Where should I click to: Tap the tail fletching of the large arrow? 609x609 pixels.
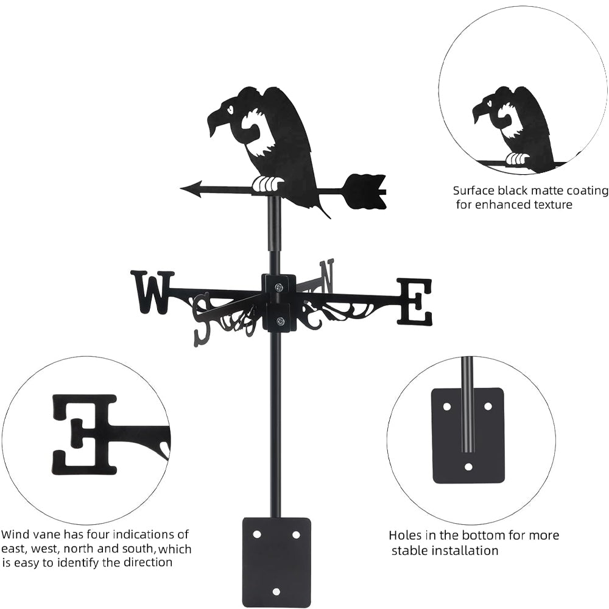(366, 191)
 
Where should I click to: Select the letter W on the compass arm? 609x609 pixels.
(152, 292)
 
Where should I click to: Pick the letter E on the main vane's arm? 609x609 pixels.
(415, 301)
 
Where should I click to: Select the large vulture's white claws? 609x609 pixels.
(268, 183)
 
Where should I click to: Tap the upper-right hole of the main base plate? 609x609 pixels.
(296, 534)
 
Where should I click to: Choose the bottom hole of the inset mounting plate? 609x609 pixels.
(468, 467)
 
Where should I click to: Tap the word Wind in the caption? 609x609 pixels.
(15, 535)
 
